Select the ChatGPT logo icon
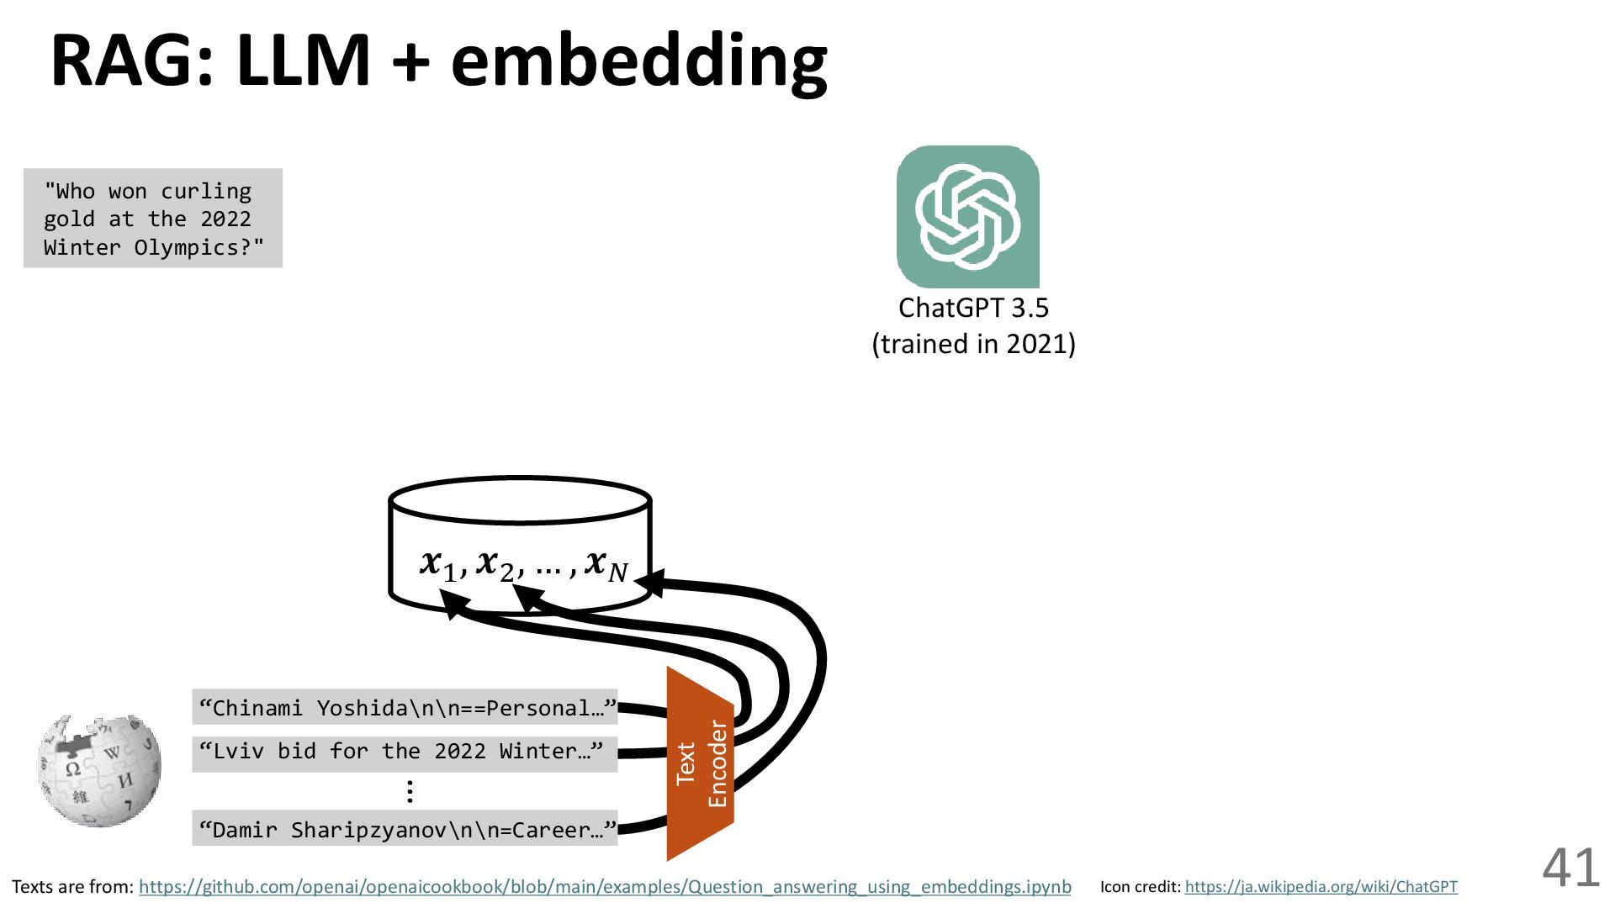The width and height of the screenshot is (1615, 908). (967, 217)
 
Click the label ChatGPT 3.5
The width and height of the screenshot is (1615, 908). (973, 308)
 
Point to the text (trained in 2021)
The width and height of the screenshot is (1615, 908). (973, 344)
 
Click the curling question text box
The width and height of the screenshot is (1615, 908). (153, 219)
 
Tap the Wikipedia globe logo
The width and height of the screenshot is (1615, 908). (99, 769)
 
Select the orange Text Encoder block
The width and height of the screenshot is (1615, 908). (700, 763)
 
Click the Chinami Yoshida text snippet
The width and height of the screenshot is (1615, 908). (405, 708)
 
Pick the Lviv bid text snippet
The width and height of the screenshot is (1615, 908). (405, 751)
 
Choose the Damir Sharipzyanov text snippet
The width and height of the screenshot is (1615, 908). (405, 830)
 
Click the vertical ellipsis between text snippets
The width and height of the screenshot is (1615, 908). (409, 791)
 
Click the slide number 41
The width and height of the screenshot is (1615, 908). (1570, 868)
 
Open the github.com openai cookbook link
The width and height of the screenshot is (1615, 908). (605, 887)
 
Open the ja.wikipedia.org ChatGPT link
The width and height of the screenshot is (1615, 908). (1321, 887)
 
